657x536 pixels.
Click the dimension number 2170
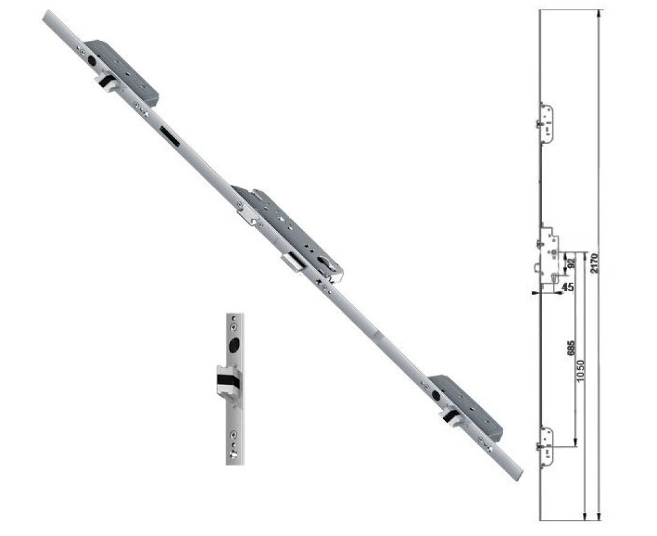click(x=594, y=263)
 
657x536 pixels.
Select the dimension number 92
click(x=571, y=263)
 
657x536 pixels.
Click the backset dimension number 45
click(x=568, y=287)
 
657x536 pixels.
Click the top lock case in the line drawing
click(x=546, y=124)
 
